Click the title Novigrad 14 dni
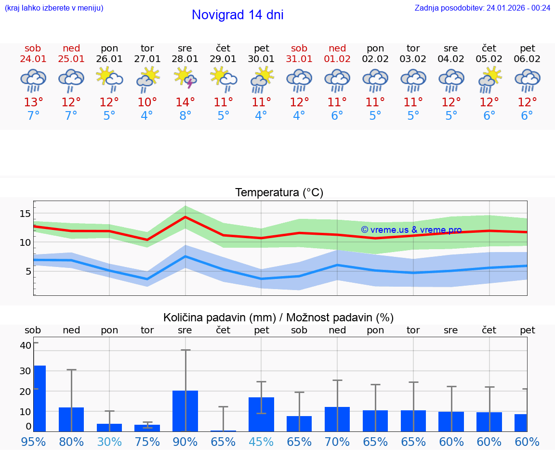[x=238, y=15]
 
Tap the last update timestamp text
[x=482, y=8]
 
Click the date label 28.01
[x=185, y=59]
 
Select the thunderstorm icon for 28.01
[x=185, y=78]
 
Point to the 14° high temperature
[x=185, y=102]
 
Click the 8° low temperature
[x=185, y=116]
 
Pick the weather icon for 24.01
[x=33, y=80]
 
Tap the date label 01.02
[x=337, y=59]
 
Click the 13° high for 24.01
[x=33, y=102]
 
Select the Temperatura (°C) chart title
[x=279, y=193]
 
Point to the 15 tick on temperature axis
[x=25, y=214]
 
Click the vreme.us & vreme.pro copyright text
[x=411, y=230]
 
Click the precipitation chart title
[x=278, y=317]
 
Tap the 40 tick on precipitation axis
[x=25, y=345]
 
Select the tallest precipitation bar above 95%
[x=40, y=398]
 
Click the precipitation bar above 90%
[x=185, y=411]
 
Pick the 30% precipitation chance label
[x=109, y=442]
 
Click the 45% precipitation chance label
[x=261, y=442]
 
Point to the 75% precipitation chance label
[x=147, y=442]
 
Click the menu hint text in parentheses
[x=54, y=8]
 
